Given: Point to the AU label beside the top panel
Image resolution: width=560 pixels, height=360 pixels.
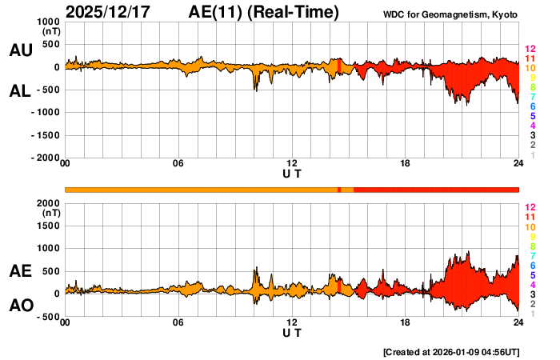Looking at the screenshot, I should coord(20,50).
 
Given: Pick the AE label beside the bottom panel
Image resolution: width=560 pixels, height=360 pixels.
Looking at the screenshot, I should coord(20,272).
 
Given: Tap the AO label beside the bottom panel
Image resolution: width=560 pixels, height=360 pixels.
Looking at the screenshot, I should coord(20,305).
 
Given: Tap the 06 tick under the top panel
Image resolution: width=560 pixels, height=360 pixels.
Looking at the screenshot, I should coord(178,165).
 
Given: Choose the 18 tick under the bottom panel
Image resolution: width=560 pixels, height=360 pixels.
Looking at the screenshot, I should coord(406,322).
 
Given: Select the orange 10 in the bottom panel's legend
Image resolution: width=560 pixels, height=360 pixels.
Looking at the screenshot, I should coord(530,227).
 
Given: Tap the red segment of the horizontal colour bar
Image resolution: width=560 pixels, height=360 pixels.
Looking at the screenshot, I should coord(436,189).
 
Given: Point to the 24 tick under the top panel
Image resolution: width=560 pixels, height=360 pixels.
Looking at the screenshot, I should coord(518,165).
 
